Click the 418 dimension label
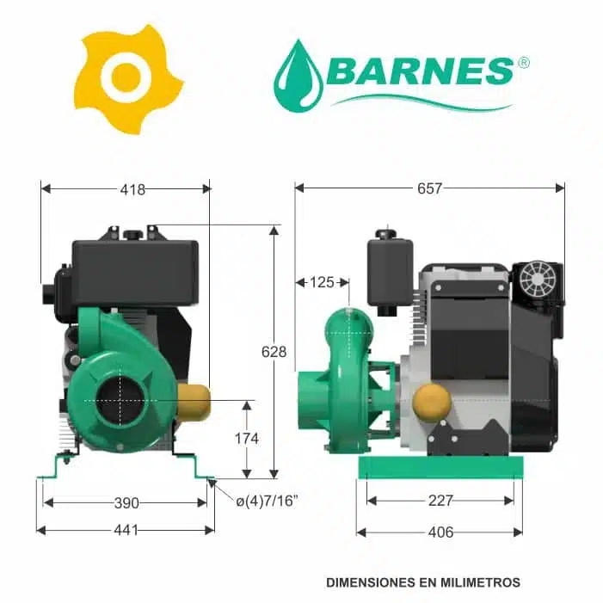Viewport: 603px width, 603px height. click(x=132, y=189)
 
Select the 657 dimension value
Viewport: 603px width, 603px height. click(x=429, y=188)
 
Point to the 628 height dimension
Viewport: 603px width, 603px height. click(x=274, y=352)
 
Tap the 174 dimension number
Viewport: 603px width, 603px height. click(x=247, y=439)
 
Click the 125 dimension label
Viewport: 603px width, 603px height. click(x=322, y=282)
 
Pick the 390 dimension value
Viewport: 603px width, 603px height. click(x=126, y=503)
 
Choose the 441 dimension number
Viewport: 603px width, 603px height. click(x=126, y=531)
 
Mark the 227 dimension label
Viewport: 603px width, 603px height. click(x=440, y=501)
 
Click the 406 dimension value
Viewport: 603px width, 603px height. click(x=440, y=532)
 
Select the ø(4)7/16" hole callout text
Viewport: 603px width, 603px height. click(x=268, y=501)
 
